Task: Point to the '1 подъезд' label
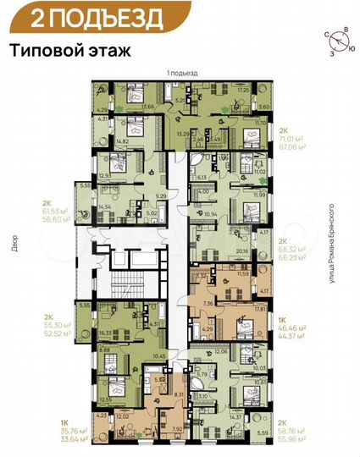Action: tap(181, 75)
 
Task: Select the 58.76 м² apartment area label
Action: tap(292, 431)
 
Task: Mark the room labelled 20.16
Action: tap(244, 251)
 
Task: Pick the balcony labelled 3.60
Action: tap(263, 107)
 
